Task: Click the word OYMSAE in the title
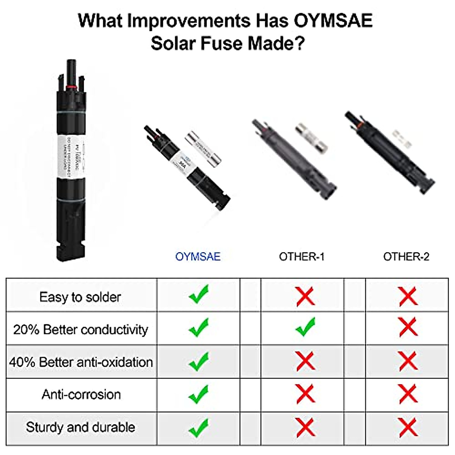333,20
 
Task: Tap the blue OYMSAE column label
198,257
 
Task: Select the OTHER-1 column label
302,257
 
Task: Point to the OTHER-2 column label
406,257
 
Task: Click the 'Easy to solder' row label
80,297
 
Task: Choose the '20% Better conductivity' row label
80,329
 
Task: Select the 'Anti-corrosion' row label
81,395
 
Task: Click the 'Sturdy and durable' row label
80,427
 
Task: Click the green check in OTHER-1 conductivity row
305,327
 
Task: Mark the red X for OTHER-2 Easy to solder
408,296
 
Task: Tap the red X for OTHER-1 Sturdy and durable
305,427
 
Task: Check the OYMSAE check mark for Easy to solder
199,295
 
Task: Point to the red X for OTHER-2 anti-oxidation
408,361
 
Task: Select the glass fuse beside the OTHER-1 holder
311,137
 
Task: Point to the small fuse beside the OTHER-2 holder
402,140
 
